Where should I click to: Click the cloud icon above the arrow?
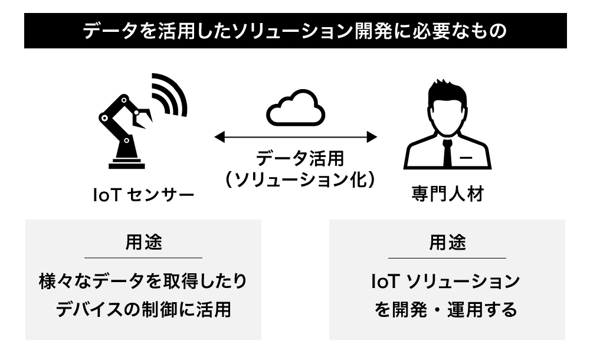tap(296, 108)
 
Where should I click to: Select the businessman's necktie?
tap(447, 154)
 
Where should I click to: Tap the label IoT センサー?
tap(143, 194)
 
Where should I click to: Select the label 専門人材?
tap(447, 194)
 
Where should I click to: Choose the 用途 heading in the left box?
tap(143, 242)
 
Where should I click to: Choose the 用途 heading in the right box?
tap(447, 242)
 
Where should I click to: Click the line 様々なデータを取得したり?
tap(143, 281)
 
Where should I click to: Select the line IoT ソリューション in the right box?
tap(446, 281)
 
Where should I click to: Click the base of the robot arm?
tap(125, 162)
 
